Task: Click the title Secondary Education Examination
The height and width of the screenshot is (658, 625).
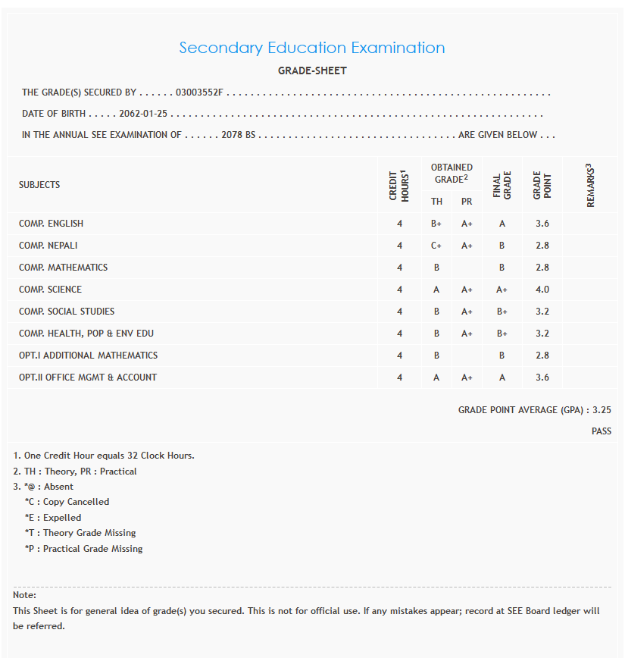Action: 311,48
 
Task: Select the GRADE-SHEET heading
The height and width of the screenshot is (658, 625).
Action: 312,70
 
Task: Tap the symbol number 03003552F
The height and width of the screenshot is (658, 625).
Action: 199,92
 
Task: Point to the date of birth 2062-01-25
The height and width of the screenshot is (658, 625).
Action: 143,114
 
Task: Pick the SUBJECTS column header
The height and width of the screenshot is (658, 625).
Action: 39,185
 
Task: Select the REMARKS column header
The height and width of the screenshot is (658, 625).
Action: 591,185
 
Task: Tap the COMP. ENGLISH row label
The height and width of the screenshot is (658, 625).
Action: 52,224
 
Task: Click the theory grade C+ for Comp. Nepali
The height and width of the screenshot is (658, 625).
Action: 436,246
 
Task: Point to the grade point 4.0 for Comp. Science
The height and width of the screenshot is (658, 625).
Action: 542,290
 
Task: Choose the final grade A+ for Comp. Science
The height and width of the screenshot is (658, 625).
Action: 502,290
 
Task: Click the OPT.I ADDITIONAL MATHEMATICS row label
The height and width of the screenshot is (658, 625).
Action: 89,356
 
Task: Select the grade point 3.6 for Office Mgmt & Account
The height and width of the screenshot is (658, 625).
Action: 542,378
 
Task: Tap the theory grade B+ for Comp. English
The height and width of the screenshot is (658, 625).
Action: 436,224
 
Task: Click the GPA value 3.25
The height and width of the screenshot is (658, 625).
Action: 602,410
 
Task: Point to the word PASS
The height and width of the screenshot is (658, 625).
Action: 602,431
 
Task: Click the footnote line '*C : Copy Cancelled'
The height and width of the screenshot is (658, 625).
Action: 67,502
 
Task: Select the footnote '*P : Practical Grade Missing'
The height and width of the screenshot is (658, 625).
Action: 83,549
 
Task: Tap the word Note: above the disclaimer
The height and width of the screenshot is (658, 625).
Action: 24,595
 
